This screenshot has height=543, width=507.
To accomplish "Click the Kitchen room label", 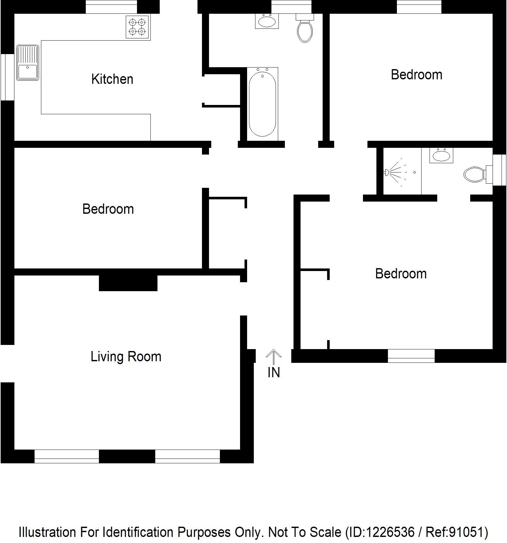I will point(112,79).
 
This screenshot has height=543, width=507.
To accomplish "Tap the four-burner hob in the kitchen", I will point(137,27).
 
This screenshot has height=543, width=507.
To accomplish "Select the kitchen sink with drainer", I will point(28,63).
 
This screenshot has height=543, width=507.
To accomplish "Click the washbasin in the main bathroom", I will point(267,21).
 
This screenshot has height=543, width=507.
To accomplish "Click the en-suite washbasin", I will point(441,156).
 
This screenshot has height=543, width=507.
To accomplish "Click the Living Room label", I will point(126,356).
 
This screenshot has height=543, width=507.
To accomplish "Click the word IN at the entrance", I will point(274,372).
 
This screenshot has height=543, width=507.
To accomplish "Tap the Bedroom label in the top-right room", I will point(416,75).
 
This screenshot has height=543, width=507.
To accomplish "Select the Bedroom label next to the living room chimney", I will point(108,209).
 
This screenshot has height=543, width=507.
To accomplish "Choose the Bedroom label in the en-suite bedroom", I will point(401,274).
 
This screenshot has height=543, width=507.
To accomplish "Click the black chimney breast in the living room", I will point(128,283).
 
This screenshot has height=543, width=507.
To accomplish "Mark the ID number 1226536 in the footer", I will point(390,532).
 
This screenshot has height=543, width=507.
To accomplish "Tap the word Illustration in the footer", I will point(47,532).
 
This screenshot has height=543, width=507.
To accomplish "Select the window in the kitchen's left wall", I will point(7,77).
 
